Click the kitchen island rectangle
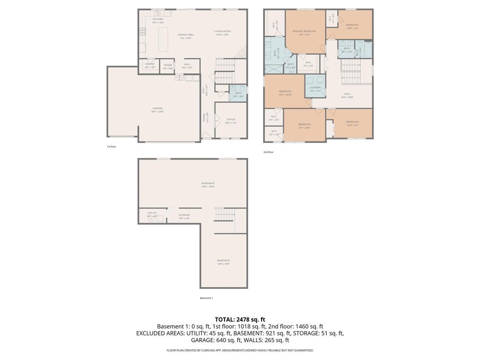click(x=164, y=39)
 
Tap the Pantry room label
click(x=150, y=64)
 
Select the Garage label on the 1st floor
click(x=157, y=108)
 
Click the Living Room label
click(x=223, y=31)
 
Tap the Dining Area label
click(x=186, y=35)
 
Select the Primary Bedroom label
click(x=304, y=31)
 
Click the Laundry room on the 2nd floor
click(x=315, y=88)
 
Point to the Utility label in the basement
click(x=152, y=213)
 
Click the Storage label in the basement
click(x=184, y=215)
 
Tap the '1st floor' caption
click(x=111, y=147)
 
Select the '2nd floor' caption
click(x=268, y=152)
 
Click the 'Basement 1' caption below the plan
click(x=206, y=298)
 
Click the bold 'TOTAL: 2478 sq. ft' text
click(x=240, y=319)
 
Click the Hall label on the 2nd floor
click(x=347, y=94)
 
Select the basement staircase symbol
click(x=224, y=214)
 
